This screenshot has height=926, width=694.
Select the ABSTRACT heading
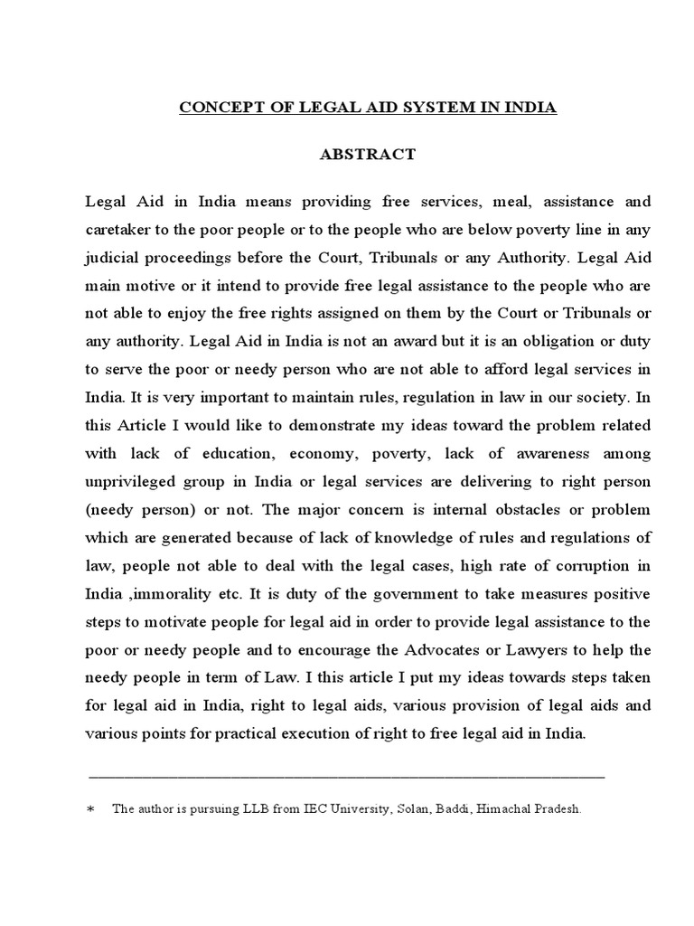pos(368,155)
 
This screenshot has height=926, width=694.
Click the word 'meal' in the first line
pos(478,201)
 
